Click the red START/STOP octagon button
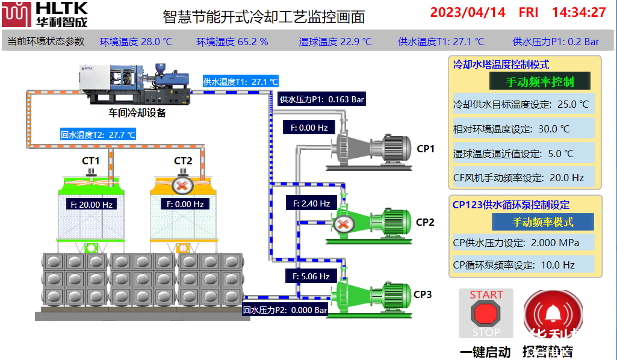486,314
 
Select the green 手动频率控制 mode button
539,81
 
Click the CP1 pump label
426,149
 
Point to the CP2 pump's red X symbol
343,225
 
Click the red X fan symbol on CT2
181,185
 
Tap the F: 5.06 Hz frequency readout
309,276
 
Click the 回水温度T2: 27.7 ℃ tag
98,134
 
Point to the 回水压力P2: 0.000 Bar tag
285,311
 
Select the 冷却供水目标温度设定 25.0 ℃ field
523,104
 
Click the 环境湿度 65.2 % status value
232,42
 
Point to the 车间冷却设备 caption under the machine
137,113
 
